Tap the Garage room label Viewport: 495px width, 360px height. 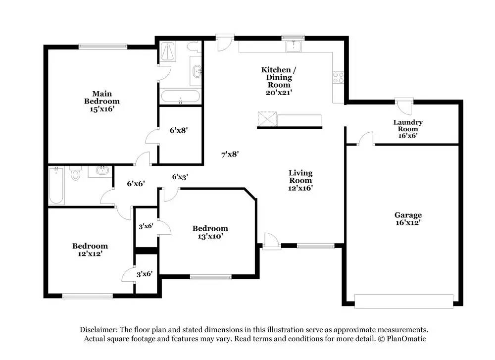tap(408, 215)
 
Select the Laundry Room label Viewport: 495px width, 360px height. tap(408, 125)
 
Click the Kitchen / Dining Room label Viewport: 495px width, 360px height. tap(278, 77)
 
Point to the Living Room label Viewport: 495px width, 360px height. tap(300, 176)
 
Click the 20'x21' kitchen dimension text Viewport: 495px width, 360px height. tap(279, 93)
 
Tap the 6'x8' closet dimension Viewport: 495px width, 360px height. tap(179, 130)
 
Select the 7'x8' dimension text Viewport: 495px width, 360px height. tap(230, 154)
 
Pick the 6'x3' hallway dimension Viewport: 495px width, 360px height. tap(180, 177)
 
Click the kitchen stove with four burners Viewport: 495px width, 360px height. tap(338, 78)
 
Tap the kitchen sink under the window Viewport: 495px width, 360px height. tap(294, 46)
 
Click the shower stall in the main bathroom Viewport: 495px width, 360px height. tap(168, 51)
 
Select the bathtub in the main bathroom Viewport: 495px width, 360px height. tap(180, 97)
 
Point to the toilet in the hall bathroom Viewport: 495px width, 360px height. tap(75, 173)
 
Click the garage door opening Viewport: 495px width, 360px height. tap(404, 301)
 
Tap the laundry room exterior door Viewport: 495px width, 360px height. tap(404, 106)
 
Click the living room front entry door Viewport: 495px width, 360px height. tap(271, 242)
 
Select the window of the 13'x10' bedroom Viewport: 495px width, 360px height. tap(210, 277)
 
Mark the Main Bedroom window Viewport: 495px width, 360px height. tap(103, 47)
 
